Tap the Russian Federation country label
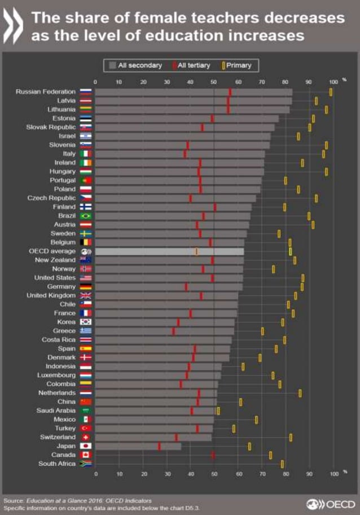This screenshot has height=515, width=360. point(46,91)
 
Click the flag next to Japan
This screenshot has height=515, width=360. point(86,446)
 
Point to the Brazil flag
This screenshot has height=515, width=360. point(86,216)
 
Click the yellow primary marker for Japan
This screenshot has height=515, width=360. point(249,446)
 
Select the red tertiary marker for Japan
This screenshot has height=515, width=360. point(159,446)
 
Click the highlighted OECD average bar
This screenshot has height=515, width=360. point(169,251)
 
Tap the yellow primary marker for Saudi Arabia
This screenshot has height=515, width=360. point(218,411)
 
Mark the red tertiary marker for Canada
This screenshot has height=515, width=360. point(213,455)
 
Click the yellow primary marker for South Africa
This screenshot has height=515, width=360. point(282,464)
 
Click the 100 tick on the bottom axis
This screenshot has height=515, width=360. point(333,474)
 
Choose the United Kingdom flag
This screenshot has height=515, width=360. point(86,295)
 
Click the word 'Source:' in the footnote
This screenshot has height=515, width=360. point(14,500)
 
